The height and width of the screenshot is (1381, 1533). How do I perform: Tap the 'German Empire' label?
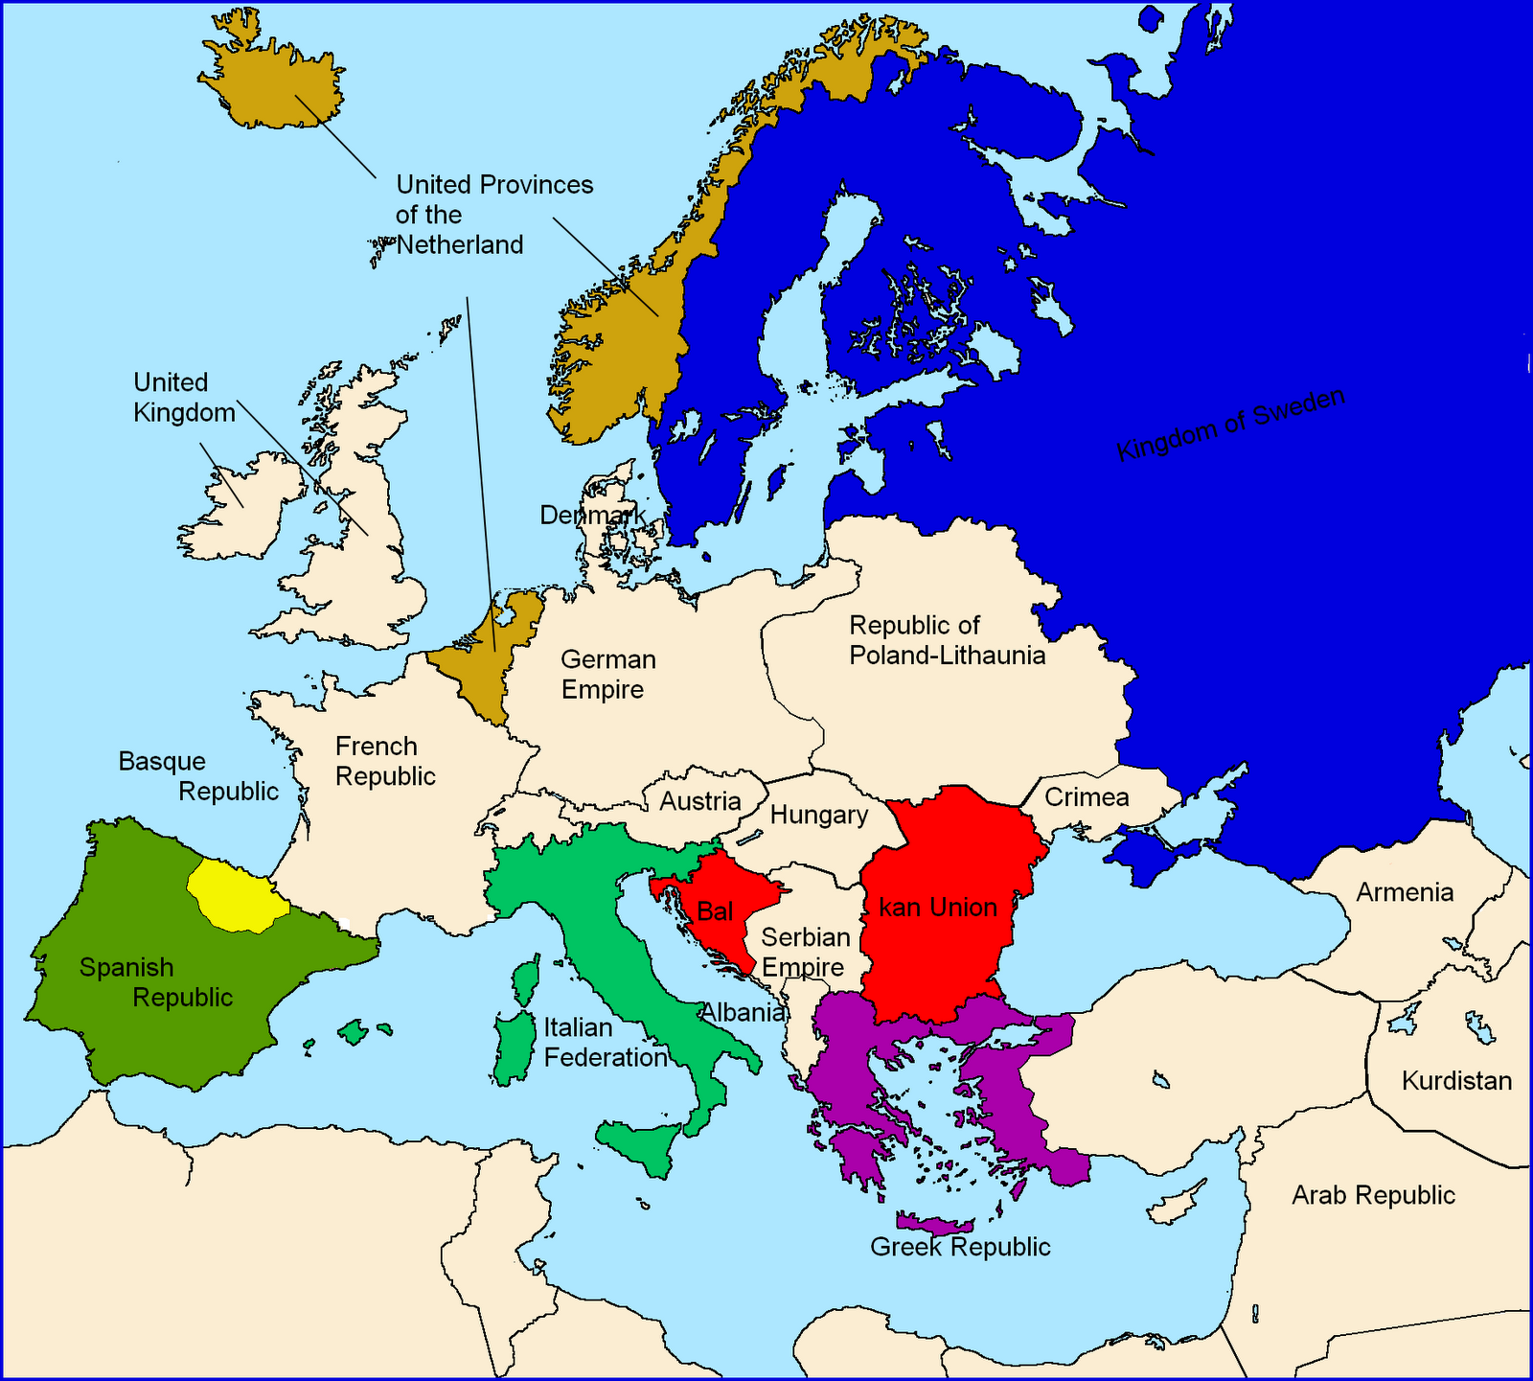pos(607,675)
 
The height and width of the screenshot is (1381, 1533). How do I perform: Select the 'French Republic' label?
pos(385,761)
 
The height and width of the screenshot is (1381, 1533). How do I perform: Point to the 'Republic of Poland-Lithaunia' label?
pos(947,640)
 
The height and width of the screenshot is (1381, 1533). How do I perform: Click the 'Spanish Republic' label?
pos(155,982)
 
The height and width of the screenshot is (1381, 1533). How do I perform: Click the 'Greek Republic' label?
pos(960,1247)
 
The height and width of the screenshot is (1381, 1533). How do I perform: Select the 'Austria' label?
pos(700,801)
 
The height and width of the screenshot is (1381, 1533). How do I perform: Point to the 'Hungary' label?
pos(819,816)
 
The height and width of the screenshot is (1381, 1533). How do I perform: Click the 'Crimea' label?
pos(1087,797)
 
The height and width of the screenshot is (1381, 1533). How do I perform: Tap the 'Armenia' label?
pos(1405,892)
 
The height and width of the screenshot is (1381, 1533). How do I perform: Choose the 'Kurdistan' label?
pos(1456,1081)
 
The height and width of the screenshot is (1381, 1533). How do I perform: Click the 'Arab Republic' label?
pos(1373,1195)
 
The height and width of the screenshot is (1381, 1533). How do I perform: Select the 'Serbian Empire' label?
pos(805,952)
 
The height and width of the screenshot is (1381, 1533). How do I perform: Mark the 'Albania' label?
pos(743,1012)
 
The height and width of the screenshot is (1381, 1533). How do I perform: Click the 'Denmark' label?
pos(592,516)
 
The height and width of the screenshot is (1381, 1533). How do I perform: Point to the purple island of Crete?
pos(935,1224)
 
